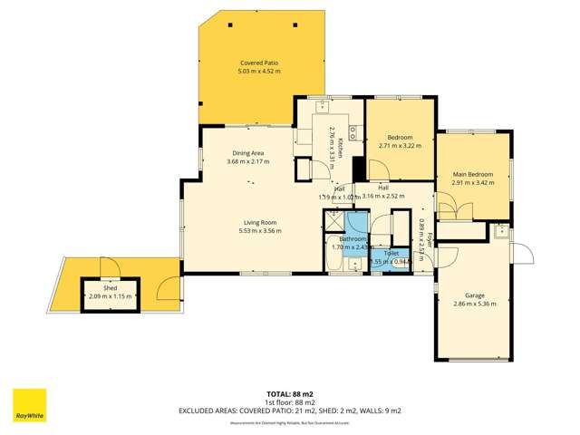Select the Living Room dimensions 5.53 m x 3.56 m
click(x=259, y=231)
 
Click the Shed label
click(x=111, y=287)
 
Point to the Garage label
click(x=475, y=295)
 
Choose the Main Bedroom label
click(x=473, y=173)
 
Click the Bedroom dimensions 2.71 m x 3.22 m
click(x=400, y=145)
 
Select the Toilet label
click(x=391, y=253)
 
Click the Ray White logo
click(x=29, y=405)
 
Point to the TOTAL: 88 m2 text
click(x=290, y=394)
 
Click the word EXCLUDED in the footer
click(x=202, y=411)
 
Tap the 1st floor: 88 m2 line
click(x=290, y=402)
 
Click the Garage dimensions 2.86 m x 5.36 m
click(x=475, y=304)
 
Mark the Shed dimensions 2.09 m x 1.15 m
click(x=111, y=296)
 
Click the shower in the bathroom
click(x=334, y=220)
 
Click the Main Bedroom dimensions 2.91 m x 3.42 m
click(x=473, y=182)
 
